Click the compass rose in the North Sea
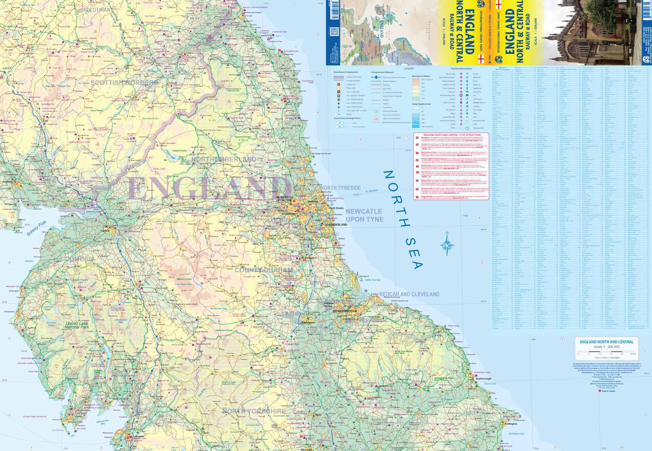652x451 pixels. (x=447, y=243)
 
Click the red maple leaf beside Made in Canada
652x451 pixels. (x=600, y=391)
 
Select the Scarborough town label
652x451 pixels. (x=483, y=378)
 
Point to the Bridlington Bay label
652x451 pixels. (x=516, y=434)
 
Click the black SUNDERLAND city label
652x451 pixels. (x=337, y=225)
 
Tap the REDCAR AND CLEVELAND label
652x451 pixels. (x=409, y=294)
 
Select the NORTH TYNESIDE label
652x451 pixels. (x=341, y=188)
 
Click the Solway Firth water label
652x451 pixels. (x=36, y=229)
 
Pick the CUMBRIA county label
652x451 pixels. (x=79, y=259)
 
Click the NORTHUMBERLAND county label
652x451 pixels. (x=223, y=160)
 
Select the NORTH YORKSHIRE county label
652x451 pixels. (x=254, y=411)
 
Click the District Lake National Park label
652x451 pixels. (x=77, y=325)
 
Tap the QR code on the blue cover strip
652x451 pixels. (x=334, y=32)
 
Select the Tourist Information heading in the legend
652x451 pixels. (x=461, y=69)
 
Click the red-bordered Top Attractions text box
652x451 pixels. (x=451, y=166)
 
